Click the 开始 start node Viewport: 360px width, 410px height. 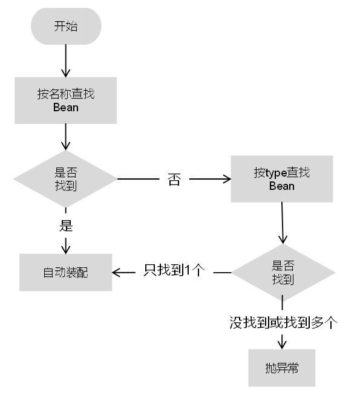(x=65, y=26)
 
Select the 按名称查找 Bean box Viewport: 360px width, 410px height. (x=65, y=101)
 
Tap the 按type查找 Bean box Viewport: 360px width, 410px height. (x=281, y=179)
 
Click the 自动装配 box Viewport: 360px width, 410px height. (x=65, y=272)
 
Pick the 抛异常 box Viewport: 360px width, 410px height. (x=281, y=368)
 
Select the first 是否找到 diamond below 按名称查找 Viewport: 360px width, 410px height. (x=65, y=178)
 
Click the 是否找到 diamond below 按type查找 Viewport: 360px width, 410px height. (x=283, y=273)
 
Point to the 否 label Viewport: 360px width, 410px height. (x=174, y=180)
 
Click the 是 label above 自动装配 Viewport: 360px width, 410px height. (x=65, y=226)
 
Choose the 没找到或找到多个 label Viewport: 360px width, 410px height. (x=283, y=322)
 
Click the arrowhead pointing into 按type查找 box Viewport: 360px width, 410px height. (x=227, y=179)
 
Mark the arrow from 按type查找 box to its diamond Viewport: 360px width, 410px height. (x=283, y=223)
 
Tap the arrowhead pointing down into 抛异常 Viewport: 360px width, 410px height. (x=282, y=344)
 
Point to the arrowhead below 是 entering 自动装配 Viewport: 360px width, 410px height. (x=65, y=248)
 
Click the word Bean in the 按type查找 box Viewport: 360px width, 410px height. (x=281, y=186)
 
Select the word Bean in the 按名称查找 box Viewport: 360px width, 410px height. (x=65, y=108)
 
